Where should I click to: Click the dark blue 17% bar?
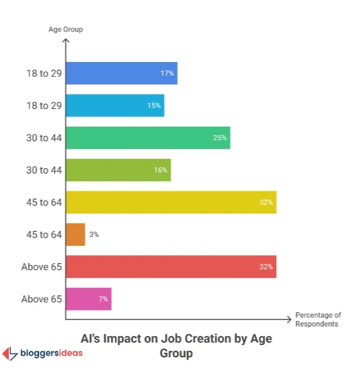pyautogui.click(x=121, y=73)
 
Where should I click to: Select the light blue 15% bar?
pyautogui.click(x=115, y=105)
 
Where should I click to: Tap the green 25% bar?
pyautogui.click(x=147, y=138)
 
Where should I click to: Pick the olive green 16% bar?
pyautogui.click(x=118, y=170)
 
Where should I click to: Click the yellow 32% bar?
pyautogui.click(x=170, y=202)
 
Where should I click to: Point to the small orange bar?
pyautogui.click(x=76, y=234)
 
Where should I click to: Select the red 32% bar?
pyautogui.click(x=170, y=266)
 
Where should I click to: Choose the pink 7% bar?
pyautogui.click(x=88, y=299)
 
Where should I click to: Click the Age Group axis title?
pyautogui.click(x=66, y=29)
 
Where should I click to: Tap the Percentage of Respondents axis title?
pyautogui.click(x=318, y=319)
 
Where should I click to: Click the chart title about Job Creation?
pyautogui.click(x=176, y=346)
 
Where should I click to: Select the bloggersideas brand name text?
pyautogui.click(x=52, y=353)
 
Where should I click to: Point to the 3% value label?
pyautogui.click(x=94, y=234)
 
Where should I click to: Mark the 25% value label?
pyautogui.click(x=220, y=138)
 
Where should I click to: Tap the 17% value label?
pyautogui.click(x=167, y=73)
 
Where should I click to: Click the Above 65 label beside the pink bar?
pyautogui.click(x=42, y=299)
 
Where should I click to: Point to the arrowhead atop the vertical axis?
pyautogui.click(x=66, y=42)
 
